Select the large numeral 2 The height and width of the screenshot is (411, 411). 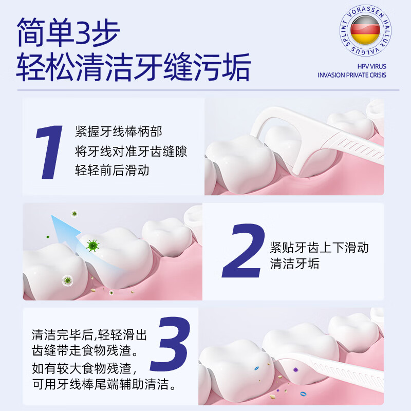coord(242,251)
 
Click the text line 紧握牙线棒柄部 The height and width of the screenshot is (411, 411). coord(118,132)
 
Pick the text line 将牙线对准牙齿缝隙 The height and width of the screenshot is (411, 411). coord(130,152)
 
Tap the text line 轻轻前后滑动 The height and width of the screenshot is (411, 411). coord(112,171)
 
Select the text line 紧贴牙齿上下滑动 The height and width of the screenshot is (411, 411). coord(319,247)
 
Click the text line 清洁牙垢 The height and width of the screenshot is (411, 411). coord(294,265)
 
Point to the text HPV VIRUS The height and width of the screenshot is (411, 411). coord(371,66)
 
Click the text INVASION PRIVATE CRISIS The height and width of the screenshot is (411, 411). coord(352,75)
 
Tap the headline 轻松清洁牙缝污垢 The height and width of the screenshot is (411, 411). coord(134,67)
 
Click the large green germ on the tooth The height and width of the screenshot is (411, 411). coord(93,246)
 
